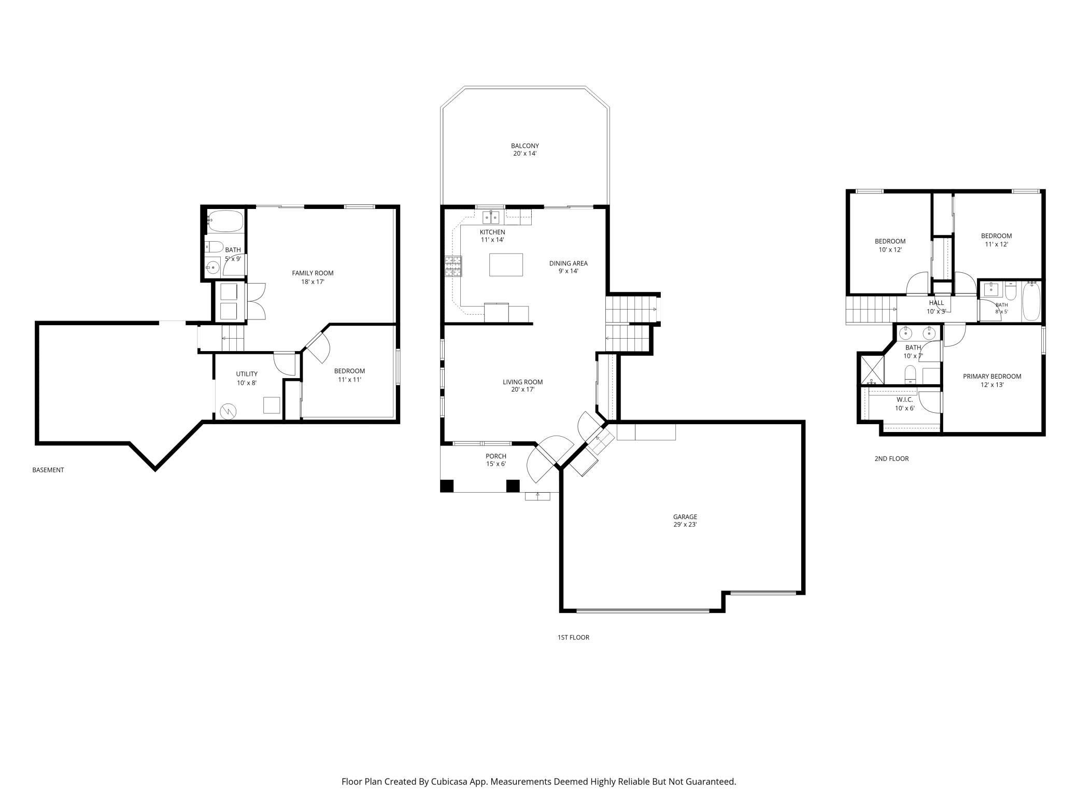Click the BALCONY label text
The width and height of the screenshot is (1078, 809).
click(x=524, y=146)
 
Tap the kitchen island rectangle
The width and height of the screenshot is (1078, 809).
click(x=506, y=264)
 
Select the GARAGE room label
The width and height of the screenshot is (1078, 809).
click(x=685, y=517)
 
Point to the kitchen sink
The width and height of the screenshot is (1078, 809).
click(x=491, y=217)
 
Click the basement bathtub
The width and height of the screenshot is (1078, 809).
click(x=225, y=221)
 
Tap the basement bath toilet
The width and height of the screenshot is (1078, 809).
click(x=214, y=247)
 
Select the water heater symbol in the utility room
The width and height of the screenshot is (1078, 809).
click(x=228, y=412)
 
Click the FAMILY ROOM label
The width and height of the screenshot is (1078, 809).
click(x=313, y=273)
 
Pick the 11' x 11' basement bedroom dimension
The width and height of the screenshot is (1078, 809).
click(x=349, y=380)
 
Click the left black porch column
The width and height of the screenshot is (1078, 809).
click(x=447, y=486)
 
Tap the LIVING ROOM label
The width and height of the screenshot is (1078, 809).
click(x=522, y=382)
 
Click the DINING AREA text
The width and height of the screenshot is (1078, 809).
click(x=568, y=263)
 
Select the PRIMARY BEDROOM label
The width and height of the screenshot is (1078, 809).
click(x=992, y=376)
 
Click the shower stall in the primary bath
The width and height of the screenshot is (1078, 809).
click(x=871, y=369)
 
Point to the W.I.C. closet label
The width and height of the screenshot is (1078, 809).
click(x=905, y=400)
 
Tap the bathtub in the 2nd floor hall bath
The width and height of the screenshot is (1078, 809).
click(x=1031, y=301)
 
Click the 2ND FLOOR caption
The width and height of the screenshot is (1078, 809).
click(x=891, y=458)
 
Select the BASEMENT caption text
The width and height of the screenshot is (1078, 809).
click(x=48, y=470)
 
